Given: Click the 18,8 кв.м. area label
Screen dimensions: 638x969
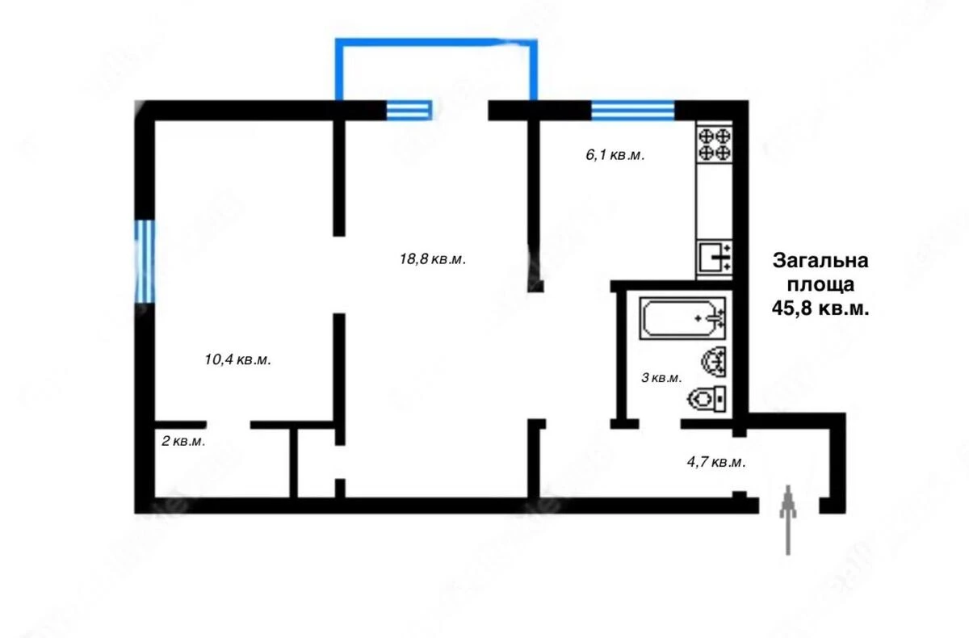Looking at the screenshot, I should point(433,259).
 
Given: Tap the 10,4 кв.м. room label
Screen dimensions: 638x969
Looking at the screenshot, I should point(237,360).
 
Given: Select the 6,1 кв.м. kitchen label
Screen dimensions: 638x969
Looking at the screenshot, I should point(615,155).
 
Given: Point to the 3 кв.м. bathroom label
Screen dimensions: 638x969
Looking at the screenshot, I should point(661,377).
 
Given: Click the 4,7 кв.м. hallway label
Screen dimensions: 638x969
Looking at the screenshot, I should point(715,463).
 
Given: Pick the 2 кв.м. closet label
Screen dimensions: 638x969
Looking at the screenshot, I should point(183,441).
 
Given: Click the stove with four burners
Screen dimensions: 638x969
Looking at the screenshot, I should point(715,143).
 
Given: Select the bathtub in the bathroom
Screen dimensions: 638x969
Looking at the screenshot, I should point(683,318).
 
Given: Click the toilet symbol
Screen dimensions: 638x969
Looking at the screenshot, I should point(708,397).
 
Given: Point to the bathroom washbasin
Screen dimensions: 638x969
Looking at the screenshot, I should point(715,361).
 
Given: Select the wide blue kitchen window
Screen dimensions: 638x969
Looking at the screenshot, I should point(632,110).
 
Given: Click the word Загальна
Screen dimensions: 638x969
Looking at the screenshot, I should point(820,262).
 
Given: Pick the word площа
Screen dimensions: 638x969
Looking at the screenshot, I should point(820,284).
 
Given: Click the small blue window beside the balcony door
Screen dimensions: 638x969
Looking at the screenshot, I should point(408,110).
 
